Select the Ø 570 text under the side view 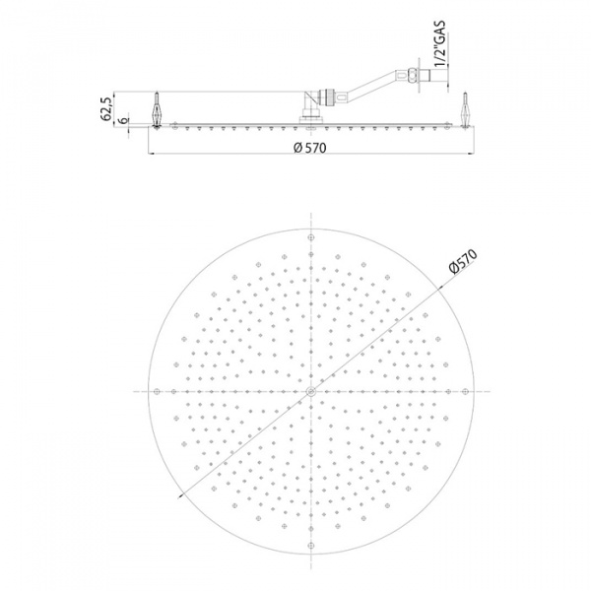310,148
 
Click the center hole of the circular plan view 310,392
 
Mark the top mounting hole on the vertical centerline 310,238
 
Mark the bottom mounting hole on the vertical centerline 310,546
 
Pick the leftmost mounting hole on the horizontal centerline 157,392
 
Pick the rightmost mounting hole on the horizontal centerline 464,392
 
